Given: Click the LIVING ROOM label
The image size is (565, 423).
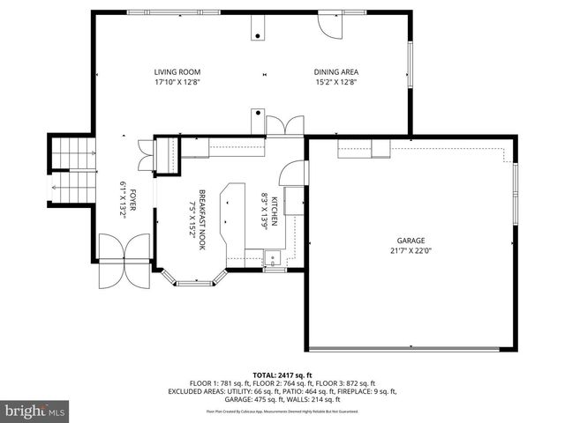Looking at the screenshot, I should tap(177, 72).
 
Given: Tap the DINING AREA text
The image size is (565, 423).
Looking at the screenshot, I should tap(335, 72).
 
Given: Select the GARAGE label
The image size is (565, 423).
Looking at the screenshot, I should tap(411, 240).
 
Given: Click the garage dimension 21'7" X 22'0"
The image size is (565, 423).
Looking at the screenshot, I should tap(411, 250).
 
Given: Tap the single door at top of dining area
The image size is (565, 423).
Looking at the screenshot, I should tap(328, 26).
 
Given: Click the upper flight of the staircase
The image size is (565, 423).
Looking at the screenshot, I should tap(72, 153).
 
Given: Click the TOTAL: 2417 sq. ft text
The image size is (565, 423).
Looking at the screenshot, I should tap(282, 375).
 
